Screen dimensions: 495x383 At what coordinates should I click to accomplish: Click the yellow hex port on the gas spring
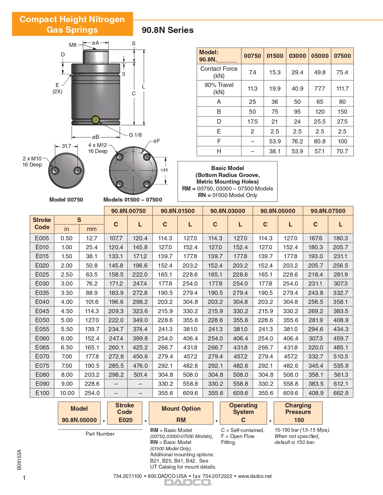coord(96,120)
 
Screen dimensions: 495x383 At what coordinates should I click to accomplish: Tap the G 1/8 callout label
coord(135,135)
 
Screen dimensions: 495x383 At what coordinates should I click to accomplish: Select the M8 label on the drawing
coord(73,45)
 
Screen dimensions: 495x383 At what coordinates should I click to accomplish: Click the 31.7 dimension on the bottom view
coord(66,146)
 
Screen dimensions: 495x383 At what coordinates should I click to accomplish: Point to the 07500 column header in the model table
coord(342,56)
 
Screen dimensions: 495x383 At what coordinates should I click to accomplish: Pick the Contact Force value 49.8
coord(320,72)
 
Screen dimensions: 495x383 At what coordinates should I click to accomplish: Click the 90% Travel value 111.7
coord(342,88)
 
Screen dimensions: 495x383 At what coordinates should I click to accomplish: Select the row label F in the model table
coord(219,141)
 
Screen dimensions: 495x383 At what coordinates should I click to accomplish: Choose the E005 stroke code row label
coord(42,238)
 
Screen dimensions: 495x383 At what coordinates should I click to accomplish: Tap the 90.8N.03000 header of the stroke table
coord(227,211)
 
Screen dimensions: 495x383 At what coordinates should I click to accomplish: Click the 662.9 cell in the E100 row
coord(341,393)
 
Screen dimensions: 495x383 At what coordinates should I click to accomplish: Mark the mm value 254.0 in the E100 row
coord(92,393)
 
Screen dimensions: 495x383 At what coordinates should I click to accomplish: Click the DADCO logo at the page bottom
coord(188,482)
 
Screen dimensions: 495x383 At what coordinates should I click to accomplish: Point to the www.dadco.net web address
coord(255,476)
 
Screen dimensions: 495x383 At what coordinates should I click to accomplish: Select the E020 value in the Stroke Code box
coord(125,420)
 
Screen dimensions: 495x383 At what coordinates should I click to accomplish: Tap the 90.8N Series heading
coord(168,30)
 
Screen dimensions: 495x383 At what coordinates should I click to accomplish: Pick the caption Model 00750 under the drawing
coord(66,200)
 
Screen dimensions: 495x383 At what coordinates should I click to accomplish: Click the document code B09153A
coord(20,460)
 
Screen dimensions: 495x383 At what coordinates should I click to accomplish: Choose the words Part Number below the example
coord(100,434)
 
